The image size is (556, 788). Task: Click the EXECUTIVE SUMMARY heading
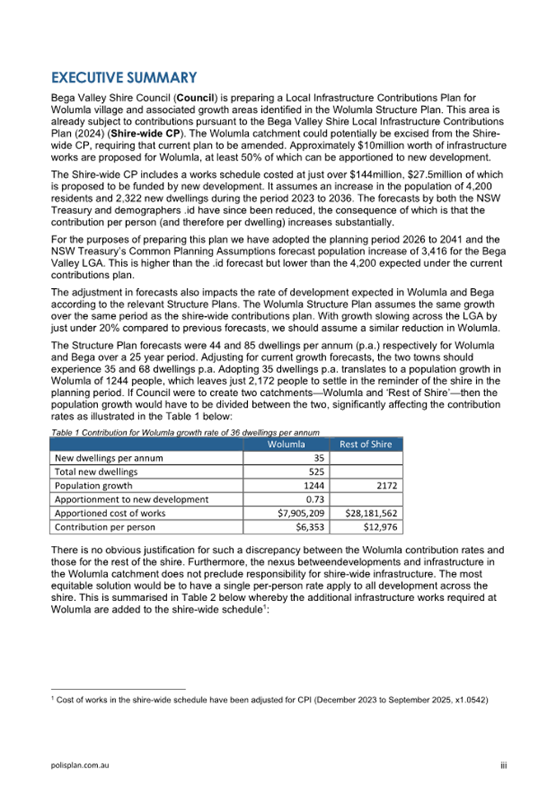tap(124, 78)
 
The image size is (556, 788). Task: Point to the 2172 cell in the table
tap(388, 486)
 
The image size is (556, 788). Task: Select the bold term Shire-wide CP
tap(138, 130)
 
